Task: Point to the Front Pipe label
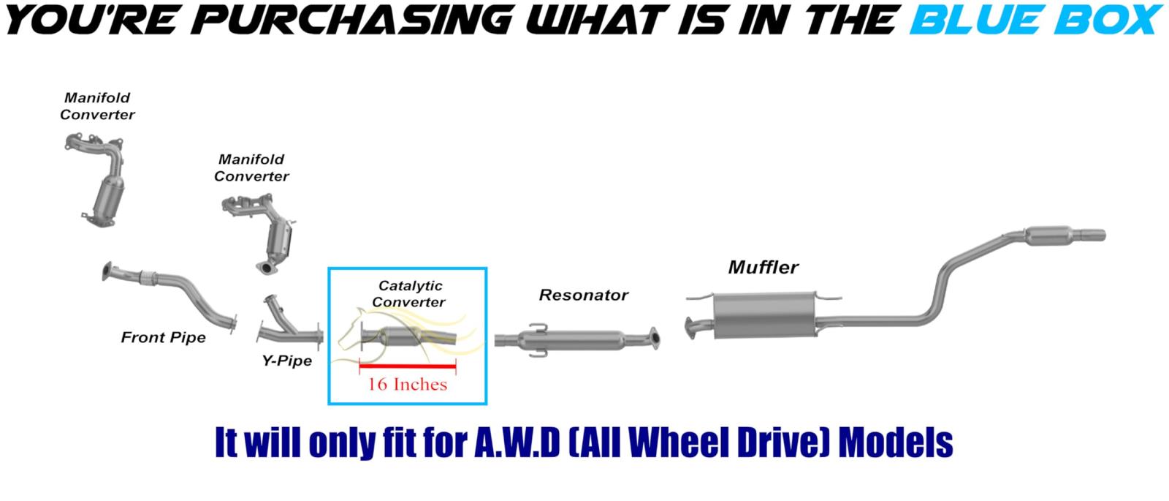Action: pos(164,337)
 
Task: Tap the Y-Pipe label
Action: pos(287,361)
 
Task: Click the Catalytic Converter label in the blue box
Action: pos(410,293)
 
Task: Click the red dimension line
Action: pos(408,366)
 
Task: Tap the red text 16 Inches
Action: pos(408,385)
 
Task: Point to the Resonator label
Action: pos(584,295)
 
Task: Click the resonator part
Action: pos(577,340)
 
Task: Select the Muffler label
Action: pos(764,268)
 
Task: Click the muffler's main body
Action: pos(764,315)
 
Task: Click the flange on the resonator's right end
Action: pos(655,338)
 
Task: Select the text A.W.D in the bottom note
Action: pos(517,443)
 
